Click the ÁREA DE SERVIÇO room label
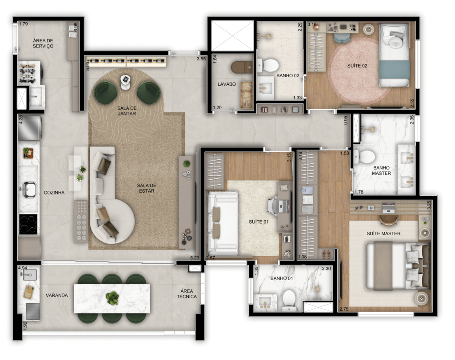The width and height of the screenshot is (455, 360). point(43,43)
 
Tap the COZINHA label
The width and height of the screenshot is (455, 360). point(54,193)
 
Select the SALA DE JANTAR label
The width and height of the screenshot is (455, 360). point(127,111)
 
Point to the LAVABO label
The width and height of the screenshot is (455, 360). point(227,84)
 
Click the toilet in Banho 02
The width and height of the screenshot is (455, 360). point(268,65)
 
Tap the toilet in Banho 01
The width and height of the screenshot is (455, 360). point(289,299)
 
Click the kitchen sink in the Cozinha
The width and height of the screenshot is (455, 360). point(28,189)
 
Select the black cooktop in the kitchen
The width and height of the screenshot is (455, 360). point(28,224)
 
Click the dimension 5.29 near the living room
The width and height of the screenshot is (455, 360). point(195,257)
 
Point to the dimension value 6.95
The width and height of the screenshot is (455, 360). point(76,27)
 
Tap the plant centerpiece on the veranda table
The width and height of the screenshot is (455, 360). point(112,298)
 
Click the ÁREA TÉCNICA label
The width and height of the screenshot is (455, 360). point(187,293)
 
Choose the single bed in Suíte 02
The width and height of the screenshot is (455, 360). point(395,55)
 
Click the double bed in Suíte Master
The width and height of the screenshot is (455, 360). point(398,266)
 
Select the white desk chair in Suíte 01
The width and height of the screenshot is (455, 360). point(273,206)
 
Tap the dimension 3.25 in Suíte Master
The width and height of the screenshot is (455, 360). point(429,205)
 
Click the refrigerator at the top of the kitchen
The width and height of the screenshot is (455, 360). point(30,128)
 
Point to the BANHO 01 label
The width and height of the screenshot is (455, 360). point(281,278)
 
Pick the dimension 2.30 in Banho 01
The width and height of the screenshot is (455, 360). point(326,269)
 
